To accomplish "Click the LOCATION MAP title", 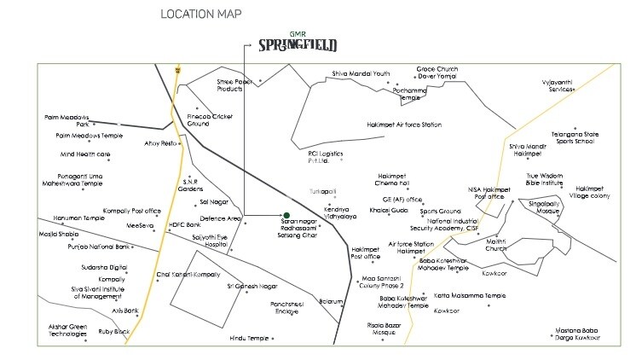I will click(200, 15).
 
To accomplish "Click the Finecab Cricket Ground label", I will click(210, 119).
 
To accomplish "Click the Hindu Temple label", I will click(249, 338).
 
